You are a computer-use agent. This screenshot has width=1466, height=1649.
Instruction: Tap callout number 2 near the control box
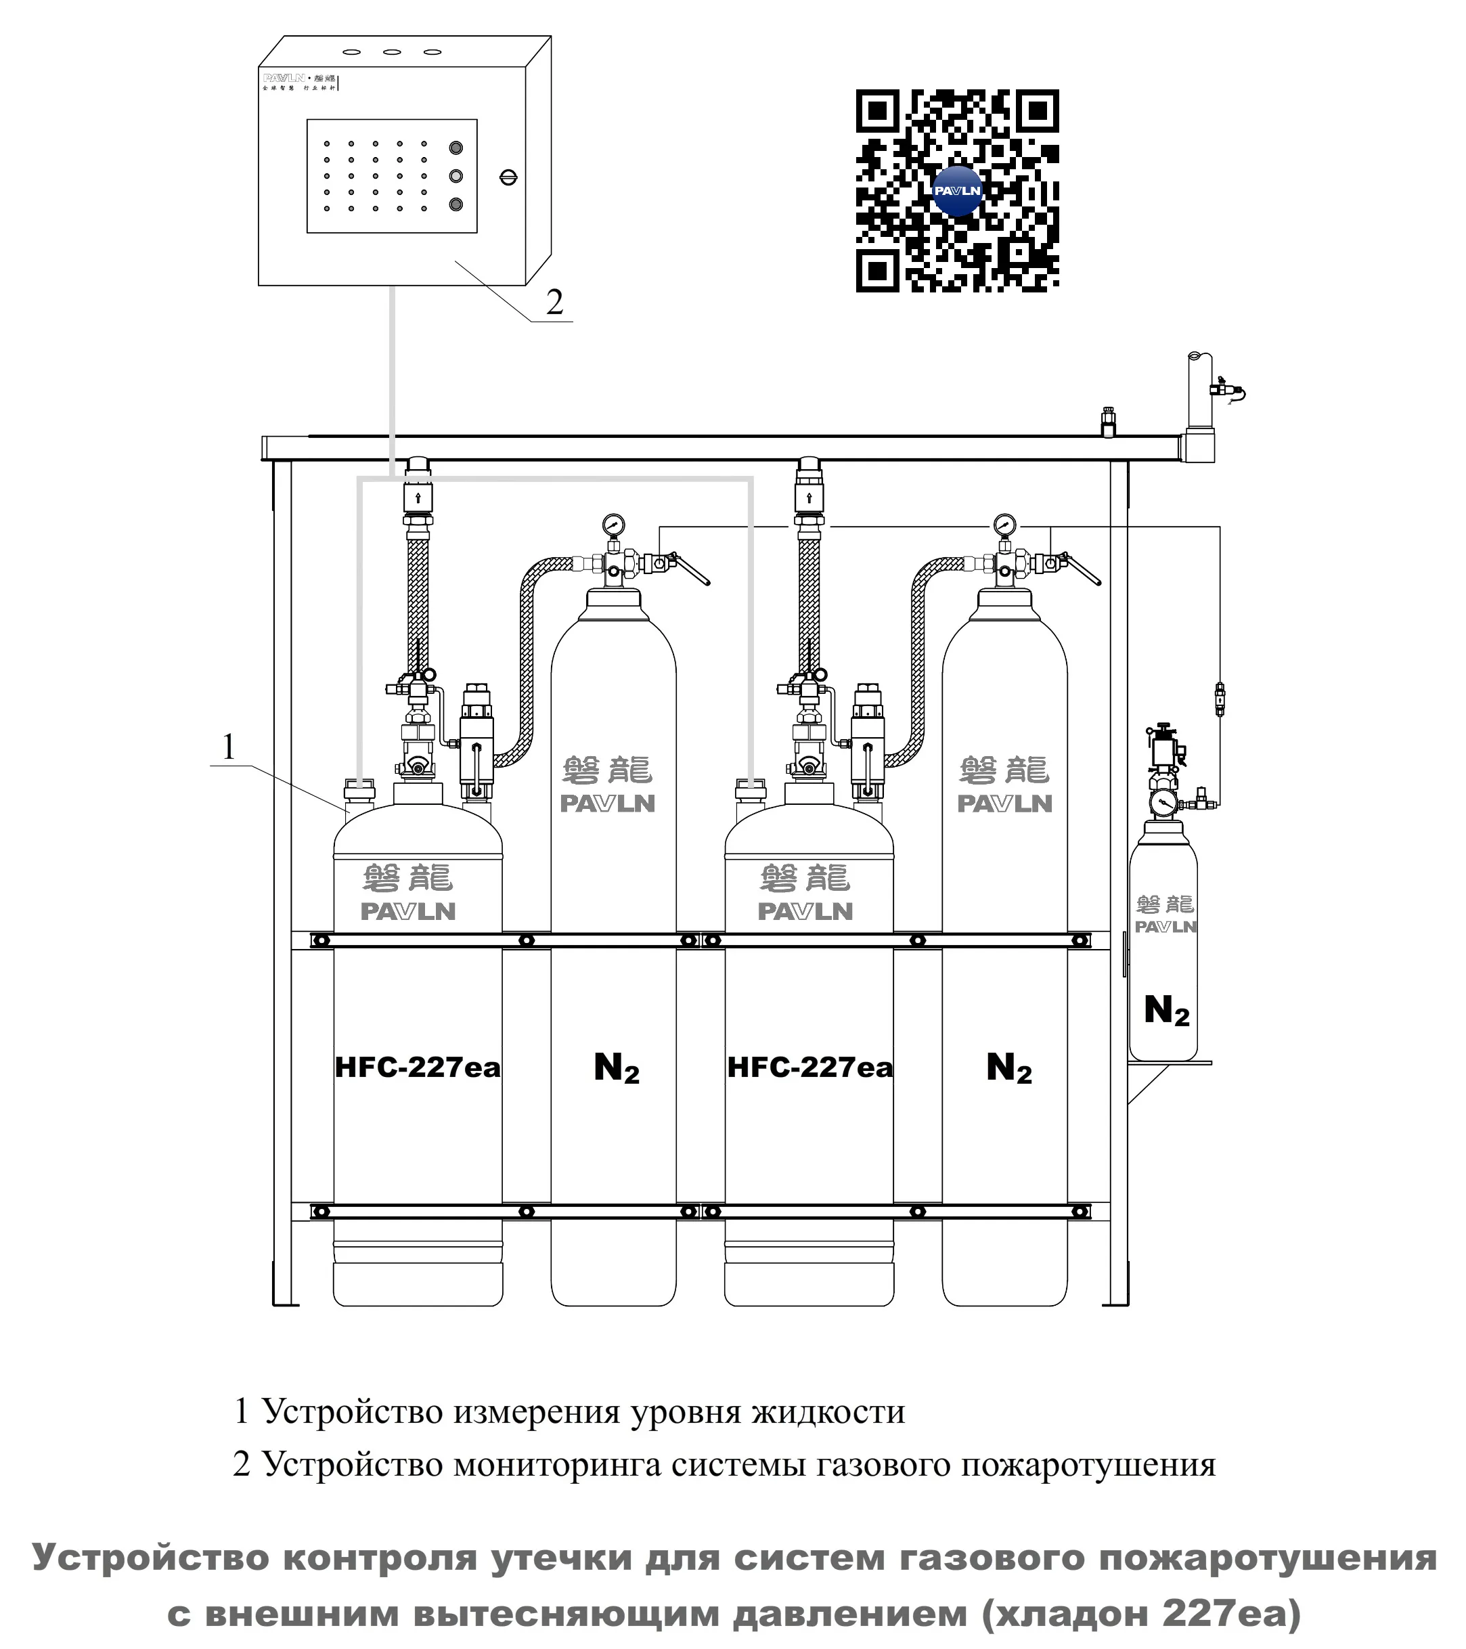point(554,303)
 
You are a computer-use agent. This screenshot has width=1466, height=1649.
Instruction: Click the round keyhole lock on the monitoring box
point(508,177)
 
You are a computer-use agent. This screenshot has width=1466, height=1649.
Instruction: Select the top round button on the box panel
point(456,148)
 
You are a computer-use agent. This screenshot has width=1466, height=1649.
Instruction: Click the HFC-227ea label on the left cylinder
point(417,1068)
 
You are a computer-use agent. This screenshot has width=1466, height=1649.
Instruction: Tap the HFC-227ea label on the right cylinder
point(810,1068)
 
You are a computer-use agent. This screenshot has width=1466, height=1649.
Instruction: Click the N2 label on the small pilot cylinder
point(1167,1010)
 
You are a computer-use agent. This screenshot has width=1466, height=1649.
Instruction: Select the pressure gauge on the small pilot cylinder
point(1163,801)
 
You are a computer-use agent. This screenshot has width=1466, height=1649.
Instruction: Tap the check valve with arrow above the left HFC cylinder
point(418,497)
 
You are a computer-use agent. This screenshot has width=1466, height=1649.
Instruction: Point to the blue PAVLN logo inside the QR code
point(957,191)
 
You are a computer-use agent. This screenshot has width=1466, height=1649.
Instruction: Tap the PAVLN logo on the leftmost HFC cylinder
point(407,912)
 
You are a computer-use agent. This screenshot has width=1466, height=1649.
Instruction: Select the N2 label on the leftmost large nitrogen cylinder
point(617,1068)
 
